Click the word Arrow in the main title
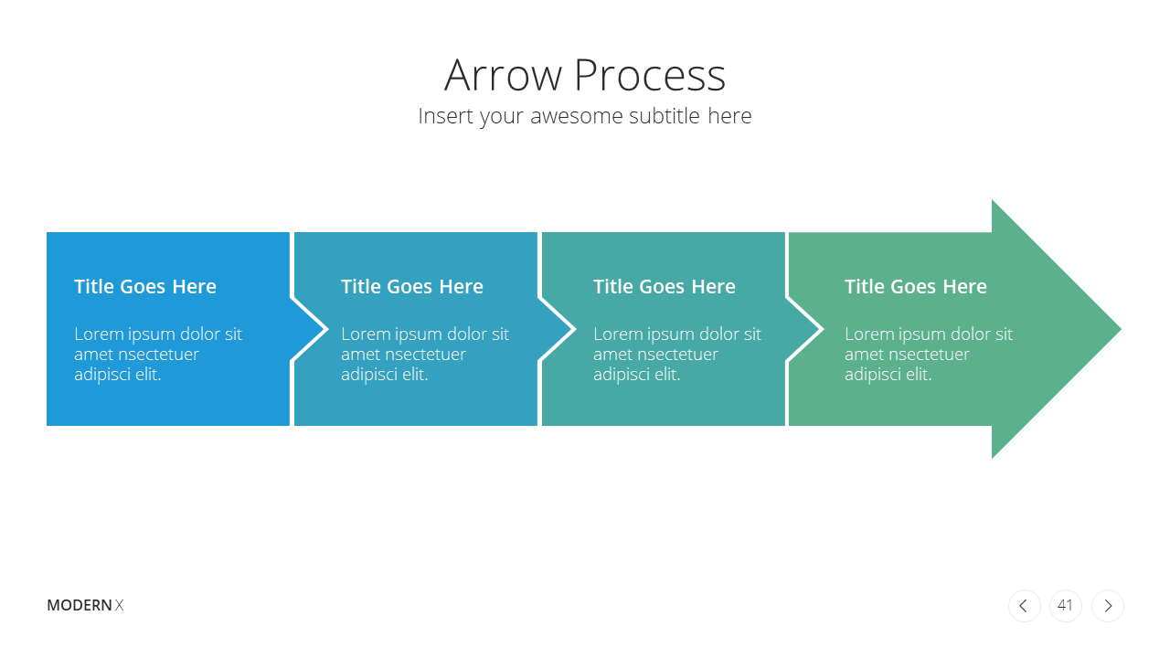click(503, 75)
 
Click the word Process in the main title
click(650, 75)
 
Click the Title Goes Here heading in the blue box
click(145, 287)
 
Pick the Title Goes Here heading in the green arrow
click(916, 287)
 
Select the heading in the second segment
click(412, 287)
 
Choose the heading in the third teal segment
click(665, 287)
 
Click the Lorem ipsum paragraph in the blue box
click(158, 354)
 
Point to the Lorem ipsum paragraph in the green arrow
click(929, 354)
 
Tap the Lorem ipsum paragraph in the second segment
click(425, 354)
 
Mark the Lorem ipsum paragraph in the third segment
click(677, 354)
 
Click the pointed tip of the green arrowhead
click(1121, 329)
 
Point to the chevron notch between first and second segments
click(327, 330)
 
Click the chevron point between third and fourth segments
click(822, 330)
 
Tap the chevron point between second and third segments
click(575, 330)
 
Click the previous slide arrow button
click(1025, 606)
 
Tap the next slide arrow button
click(1107, 606)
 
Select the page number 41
click(1065, 605)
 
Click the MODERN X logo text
click(85, 605)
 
